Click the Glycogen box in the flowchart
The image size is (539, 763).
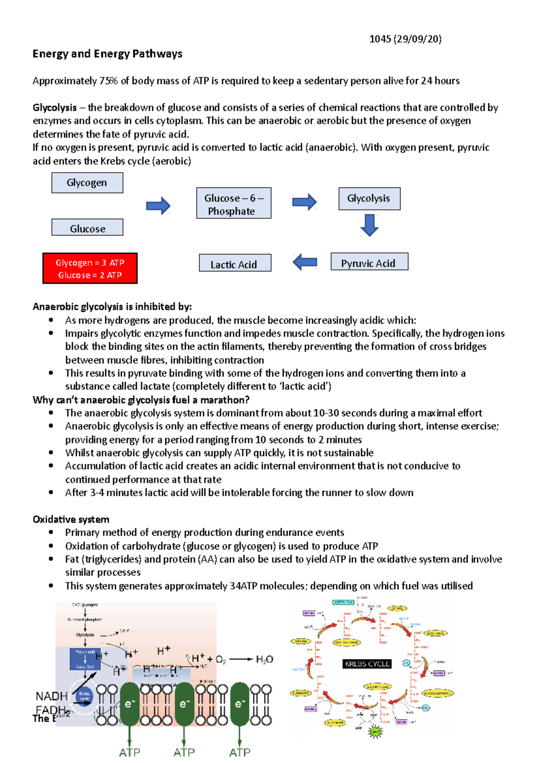(x=87, y=183)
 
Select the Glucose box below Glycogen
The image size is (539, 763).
(x=87, y=228)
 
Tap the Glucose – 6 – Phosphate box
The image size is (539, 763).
(x=234, y=204)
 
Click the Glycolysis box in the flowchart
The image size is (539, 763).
(x=369, y=199)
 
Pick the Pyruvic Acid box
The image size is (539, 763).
(x=369, y=262)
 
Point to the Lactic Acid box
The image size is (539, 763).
(x=235, y=263)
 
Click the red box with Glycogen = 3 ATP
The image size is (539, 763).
(x=90, y=268)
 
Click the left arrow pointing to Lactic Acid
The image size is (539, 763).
(x=305, y=262)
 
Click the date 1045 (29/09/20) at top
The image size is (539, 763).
(x=405, y=39)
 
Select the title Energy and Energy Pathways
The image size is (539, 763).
(x=107, y=54)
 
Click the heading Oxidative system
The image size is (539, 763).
(x=71, y=519)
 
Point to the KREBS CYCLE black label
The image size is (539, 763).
(x=367, y=664)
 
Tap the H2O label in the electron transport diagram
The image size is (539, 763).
(x=264, y=659)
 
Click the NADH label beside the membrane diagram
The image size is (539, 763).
(x=51, y=696)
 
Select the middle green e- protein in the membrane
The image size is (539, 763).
(x=184, y=704)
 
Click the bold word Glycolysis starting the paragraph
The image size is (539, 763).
(x=54, y=108)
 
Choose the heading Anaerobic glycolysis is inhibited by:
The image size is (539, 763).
(x=112, y=307)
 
